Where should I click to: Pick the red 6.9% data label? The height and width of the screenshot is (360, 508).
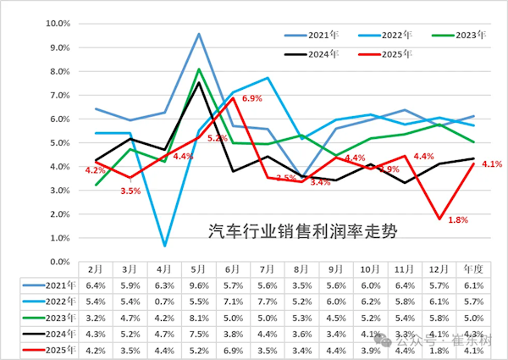pos(253,99)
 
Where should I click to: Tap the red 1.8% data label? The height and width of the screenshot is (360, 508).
pos(458,219)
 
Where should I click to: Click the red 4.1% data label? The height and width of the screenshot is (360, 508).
pos(493,164)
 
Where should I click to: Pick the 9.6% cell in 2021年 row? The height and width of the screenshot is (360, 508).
pos(198,284)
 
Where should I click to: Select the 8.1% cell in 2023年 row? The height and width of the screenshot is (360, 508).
pos(198,318)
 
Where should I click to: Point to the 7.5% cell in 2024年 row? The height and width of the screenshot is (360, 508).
pos(198,335)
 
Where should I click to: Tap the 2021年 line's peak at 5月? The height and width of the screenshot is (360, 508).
pos(198,34)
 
